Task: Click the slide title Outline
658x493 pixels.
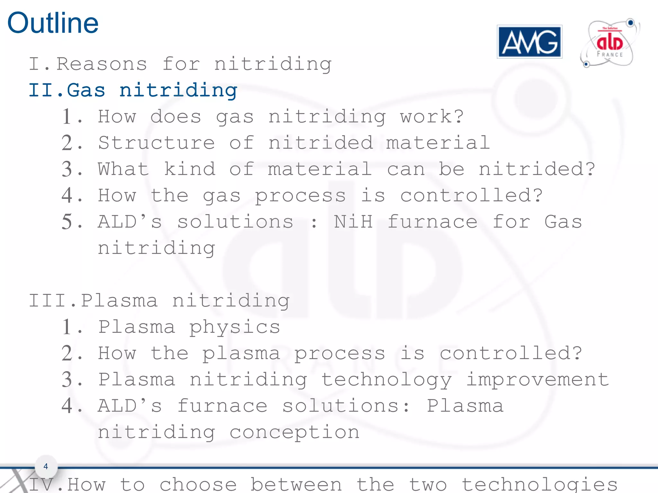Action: (x=53, y=23)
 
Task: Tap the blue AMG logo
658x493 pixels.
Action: (x=529, y=42)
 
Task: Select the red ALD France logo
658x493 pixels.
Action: (x=609, y=44)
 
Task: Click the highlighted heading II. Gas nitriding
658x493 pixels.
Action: (x=133, y=90)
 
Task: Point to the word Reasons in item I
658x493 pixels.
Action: (x=102, y=64)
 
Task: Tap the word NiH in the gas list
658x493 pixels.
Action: (x=353, y=222)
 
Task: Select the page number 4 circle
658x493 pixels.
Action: (x=46, y=466)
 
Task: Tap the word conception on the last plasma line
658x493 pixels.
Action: (x=294, y=433)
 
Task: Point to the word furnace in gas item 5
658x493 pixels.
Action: (x=432, y=222)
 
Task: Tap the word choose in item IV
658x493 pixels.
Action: (x=198, y=484)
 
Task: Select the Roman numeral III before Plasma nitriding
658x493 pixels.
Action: (x=49, y=301)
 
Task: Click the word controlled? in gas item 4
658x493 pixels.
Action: (x=471, y=195)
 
